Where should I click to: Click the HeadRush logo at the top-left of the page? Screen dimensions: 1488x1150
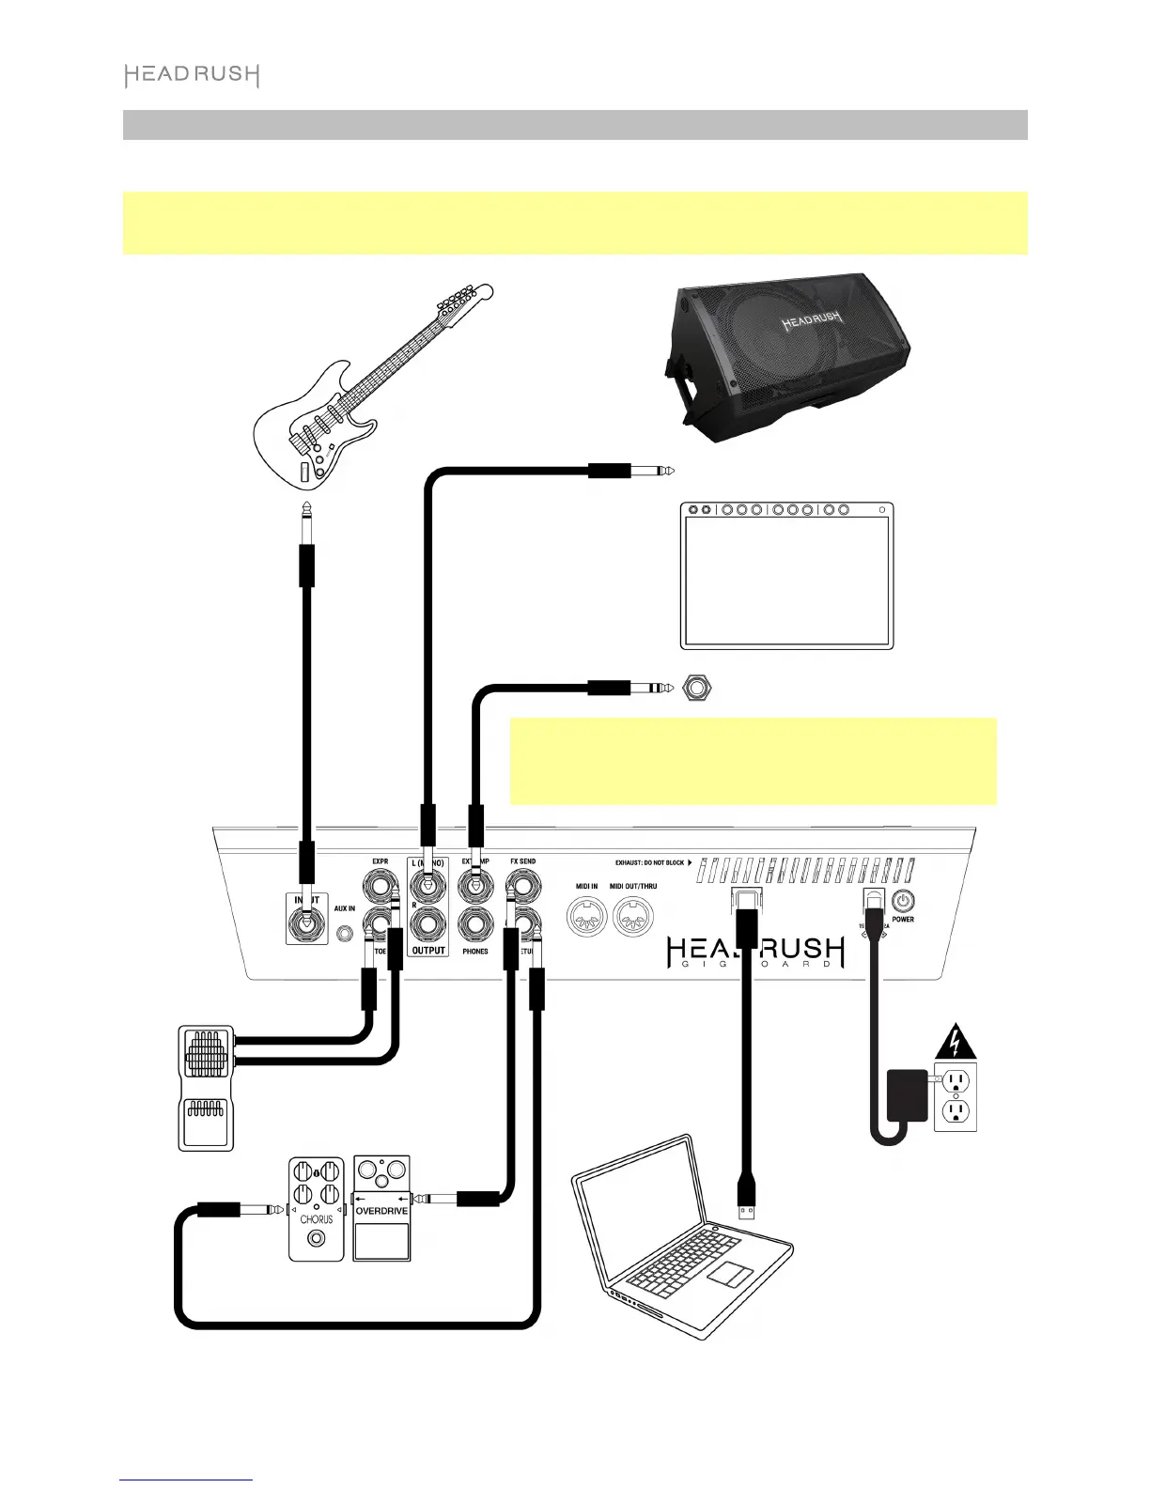tap(192, 76)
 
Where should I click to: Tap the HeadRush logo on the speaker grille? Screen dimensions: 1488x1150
tap(814, 323)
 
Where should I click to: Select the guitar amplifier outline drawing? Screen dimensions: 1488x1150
tap(786, 575)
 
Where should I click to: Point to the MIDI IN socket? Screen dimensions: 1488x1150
tap(587, 917)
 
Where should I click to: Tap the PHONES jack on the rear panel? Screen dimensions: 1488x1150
tap(475, 923)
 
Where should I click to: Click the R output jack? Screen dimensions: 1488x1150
tap(427, 923)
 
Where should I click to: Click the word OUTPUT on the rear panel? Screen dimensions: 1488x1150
tap(428, 951)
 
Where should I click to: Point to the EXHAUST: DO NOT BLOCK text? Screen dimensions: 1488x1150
tap(649, 862)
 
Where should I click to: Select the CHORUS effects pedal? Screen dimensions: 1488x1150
tap(317, 1208)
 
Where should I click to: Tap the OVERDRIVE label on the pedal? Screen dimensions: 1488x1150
tap(381, 1211)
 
